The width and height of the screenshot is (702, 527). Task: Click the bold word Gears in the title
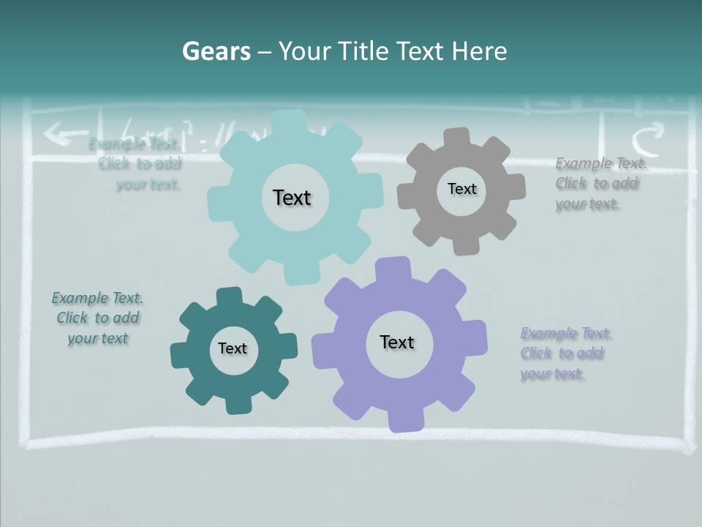(x=216, y=51)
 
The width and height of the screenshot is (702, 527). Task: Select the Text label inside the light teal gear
(x=292, y=198)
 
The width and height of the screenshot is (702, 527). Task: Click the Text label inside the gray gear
(x=461, y=189)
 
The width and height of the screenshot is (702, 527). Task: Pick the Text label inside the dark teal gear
(x=233, y=348)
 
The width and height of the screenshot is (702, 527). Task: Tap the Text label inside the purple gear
(x=397, y=342)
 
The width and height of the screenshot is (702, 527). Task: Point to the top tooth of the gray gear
(x=456, y=137)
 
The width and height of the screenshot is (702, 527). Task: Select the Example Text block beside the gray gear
(x=600, y=184)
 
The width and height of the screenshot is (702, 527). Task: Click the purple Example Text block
(x=565, y=354)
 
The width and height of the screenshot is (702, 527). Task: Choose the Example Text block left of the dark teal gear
(x=98, y=318)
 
